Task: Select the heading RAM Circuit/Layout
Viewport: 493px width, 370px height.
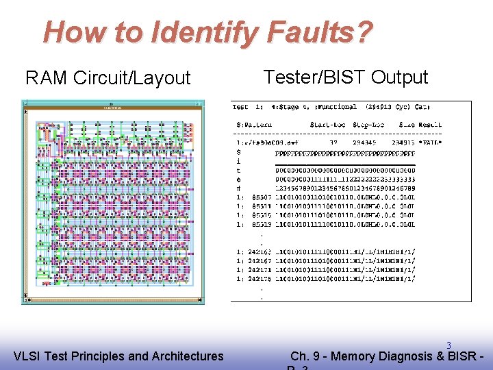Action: point(108,78)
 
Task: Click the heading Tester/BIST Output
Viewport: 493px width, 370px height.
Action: point(346,77)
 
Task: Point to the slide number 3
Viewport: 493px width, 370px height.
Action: point(449,345)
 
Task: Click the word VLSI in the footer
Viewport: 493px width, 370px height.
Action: point(27,356)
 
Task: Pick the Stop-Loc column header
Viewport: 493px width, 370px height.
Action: point(370,125)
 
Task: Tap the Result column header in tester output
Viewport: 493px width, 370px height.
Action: point(429,125)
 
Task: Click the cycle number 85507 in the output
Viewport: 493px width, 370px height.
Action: point(261,197)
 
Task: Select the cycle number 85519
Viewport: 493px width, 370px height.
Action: point(261,224)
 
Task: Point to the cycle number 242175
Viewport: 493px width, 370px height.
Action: point(259,278)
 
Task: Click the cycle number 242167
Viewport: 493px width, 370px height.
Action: point(259,260)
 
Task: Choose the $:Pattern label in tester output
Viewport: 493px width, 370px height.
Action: point(253,125)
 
